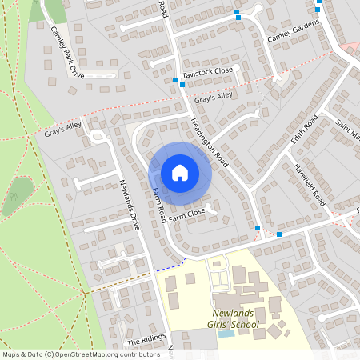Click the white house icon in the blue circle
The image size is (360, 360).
click(180, 173)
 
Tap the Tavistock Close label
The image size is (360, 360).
click(206, 71)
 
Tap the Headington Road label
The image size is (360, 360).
click(210, 143)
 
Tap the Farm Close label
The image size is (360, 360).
click(187, 214)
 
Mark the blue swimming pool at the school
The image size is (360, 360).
click(226, 334)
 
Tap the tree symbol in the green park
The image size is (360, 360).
click(14, 196)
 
